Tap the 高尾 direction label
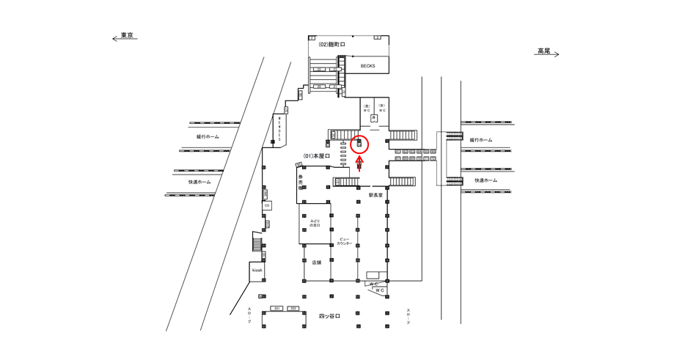click(x=543, y=51)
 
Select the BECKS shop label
click(x=367, y=65)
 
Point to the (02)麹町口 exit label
click(x=331, y=45)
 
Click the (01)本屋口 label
click(x=317, y=156)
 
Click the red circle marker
click(x=359, y=144)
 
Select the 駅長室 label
click(x=376, y=195)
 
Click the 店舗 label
click(x=316, y=262)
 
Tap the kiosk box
click(x=257, y=271)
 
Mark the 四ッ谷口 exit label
click(x=329, y=316)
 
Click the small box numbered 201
click(x=277, y=309)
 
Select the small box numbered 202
click(x=293, y=309)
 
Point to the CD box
click(x=267, y=205)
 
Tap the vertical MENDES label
click(x=279, y=129)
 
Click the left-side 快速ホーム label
click(x=199, y=182)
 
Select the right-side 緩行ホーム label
click(x=481, y=139)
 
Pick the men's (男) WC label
click(x=367, y=108)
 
